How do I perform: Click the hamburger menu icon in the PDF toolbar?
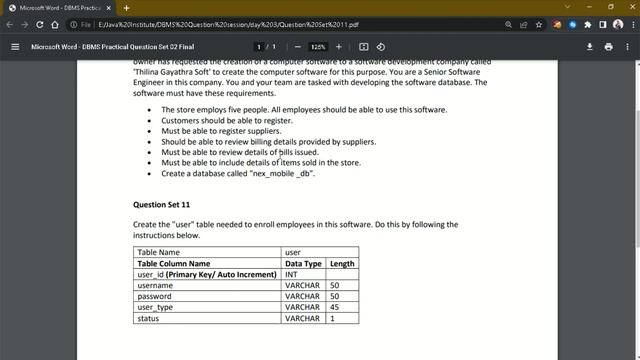pos(15,46)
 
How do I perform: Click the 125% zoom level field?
pos(318,46)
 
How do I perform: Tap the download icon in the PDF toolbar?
pos(590,46)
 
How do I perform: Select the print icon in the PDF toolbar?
pos(608,46)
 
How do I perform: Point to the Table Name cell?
pos(158,252)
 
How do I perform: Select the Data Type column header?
pos(303,263)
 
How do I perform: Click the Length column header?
pos(342,263)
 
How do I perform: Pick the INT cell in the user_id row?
pos(291,274)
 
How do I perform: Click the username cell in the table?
pos(155,285)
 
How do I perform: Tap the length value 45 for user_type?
pos(334,307)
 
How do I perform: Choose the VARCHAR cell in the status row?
pos(302,318)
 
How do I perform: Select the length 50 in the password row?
pos(334,296)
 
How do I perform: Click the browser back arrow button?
pos(9,24)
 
